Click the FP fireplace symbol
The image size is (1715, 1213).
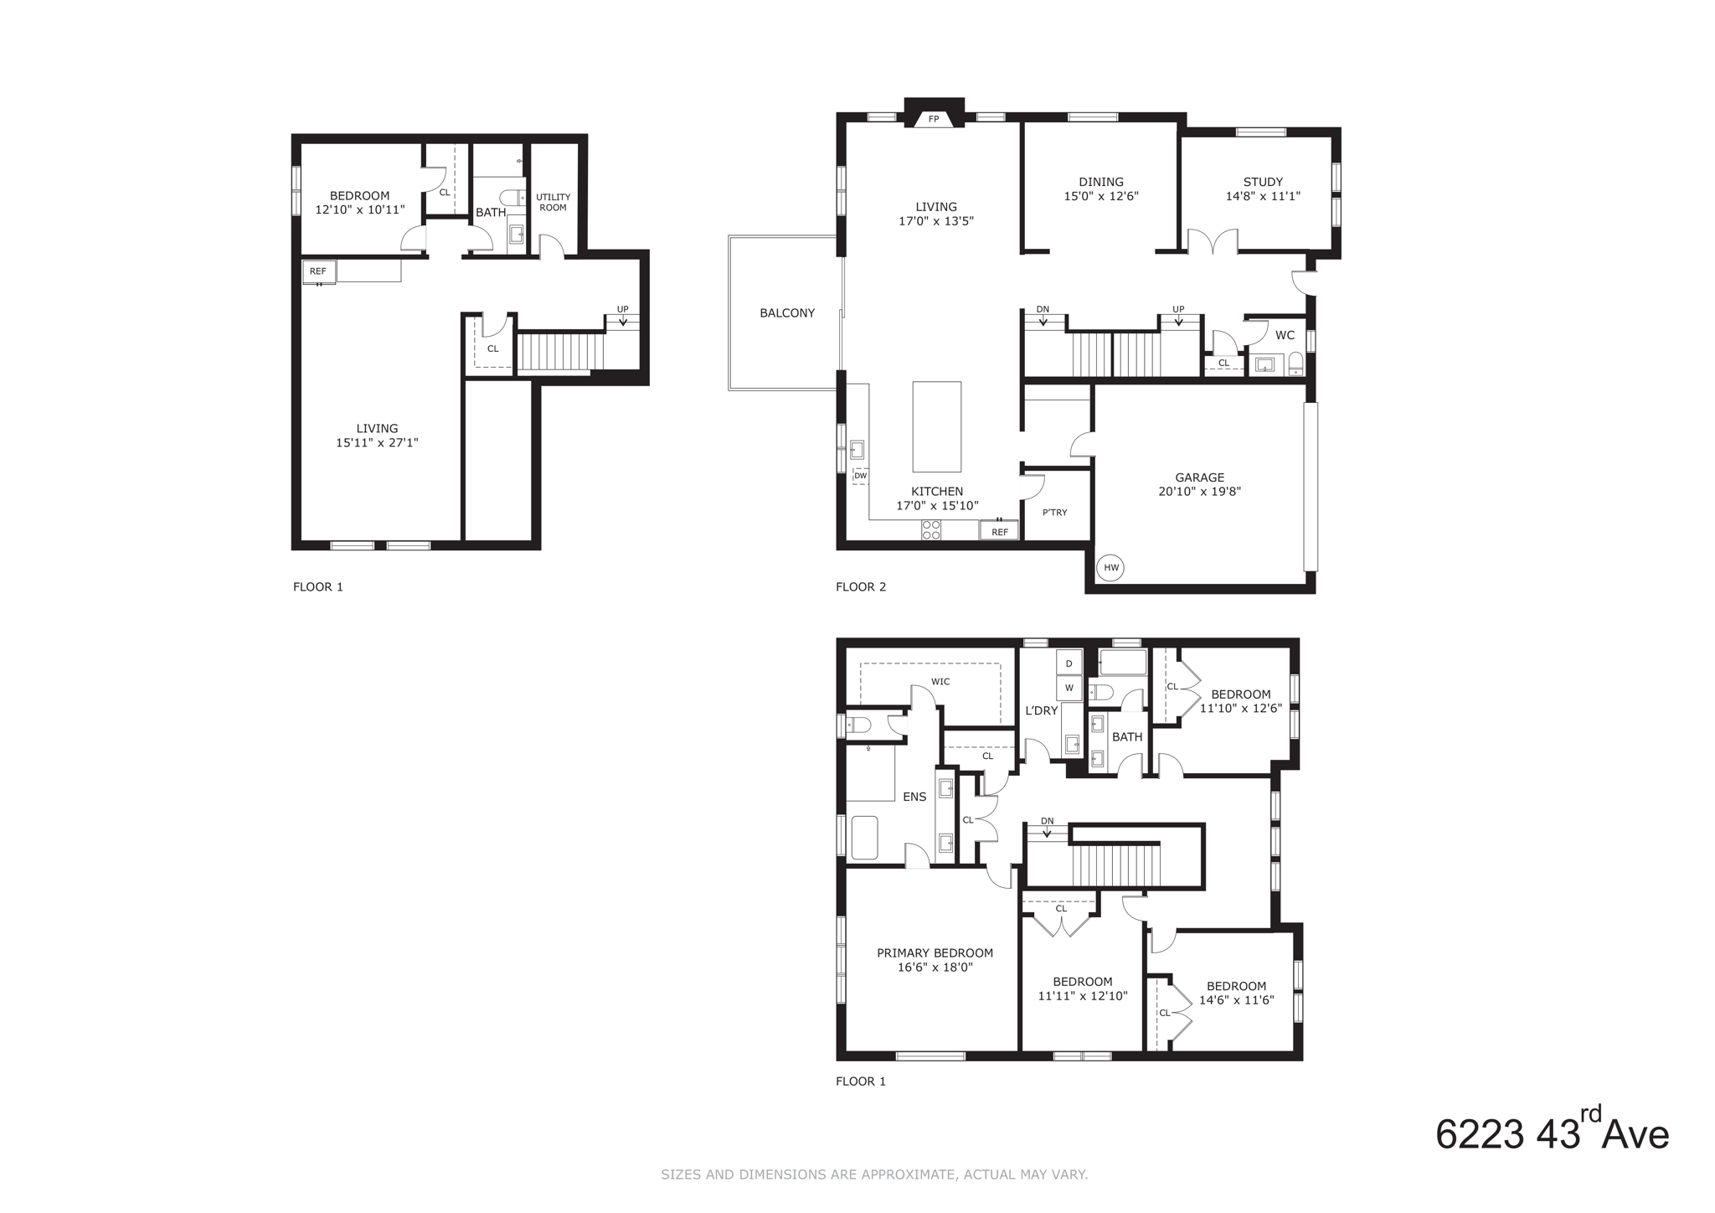click(x=934, y=120)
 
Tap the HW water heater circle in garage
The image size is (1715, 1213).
click(x=1110, y=567)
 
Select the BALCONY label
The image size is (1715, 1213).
click(x=787, y=313)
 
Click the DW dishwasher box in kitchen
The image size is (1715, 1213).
click(x=860, y=476)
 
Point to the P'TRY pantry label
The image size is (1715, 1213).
click(x=1055, y=513)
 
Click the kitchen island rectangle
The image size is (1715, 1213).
click(x=936, y=426)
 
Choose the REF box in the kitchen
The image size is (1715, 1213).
click(x=1000, y=531)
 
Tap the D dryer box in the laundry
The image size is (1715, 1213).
click(x=1069, y=663)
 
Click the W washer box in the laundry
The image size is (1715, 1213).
click(x=1069, y=689)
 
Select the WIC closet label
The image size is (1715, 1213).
click(x=940, y=682)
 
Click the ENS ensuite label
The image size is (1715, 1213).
click(x=914, y=797)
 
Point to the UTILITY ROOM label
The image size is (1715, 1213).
click(x=553, y=202)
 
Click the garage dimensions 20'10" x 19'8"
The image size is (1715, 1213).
click(x=1199, y=492)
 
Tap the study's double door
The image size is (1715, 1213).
click(x=1213, y=242)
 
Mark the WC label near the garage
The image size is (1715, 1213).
click(x=1285, y=335)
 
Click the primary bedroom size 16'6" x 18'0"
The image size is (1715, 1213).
click(x=935, y=968)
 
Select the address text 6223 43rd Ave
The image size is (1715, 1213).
click(x=1552, y=1135)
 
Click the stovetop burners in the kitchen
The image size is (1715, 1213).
click(x=931, y=529)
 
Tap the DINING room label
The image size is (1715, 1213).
click(x=1101, y=182)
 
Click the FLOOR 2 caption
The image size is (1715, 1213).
click(x=861, y=586)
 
